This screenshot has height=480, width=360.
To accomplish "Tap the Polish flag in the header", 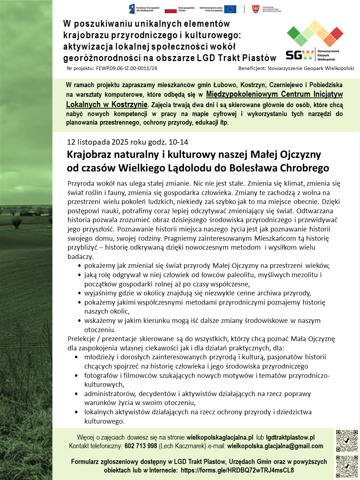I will [x=171, y=9].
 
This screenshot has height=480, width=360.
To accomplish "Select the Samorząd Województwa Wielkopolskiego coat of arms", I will [x=256, y=9].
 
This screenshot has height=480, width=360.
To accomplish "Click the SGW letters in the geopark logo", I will [x=300, y=54].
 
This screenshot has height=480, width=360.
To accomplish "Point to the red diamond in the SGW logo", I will [x=336, y=34].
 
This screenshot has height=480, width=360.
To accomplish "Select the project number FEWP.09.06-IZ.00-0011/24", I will [x=126, y=68].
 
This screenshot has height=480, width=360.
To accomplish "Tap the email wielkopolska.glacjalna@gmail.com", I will [x=275, y=446].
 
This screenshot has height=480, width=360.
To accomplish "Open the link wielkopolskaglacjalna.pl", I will [x=220, y=437].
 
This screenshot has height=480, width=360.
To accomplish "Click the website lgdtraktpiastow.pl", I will [x=290, y=437].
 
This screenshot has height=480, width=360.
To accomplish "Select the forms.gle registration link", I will [x=237, y=470].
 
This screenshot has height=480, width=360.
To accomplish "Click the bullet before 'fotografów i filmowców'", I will [x=77, y=376].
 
